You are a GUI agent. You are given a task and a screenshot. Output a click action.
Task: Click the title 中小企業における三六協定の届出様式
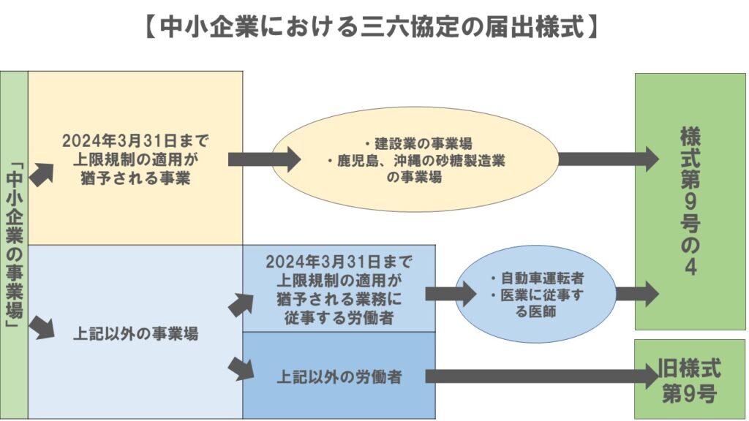click(x=374, y=27)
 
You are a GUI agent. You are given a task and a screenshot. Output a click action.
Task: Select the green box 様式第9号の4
click(x=689, y=201)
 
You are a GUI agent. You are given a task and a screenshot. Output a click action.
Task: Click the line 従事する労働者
click(x=339, y=316)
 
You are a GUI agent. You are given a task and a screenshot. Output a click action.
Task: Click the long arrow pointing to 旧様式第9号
click(x=541, y=376)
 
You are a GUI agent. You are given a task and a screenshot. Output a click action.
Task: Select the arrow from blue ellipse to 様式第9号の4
click(x=636, y=294)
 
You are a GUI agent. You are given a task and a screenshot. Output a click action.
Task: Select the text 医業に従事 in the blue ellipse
click(x=536, y=294)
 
